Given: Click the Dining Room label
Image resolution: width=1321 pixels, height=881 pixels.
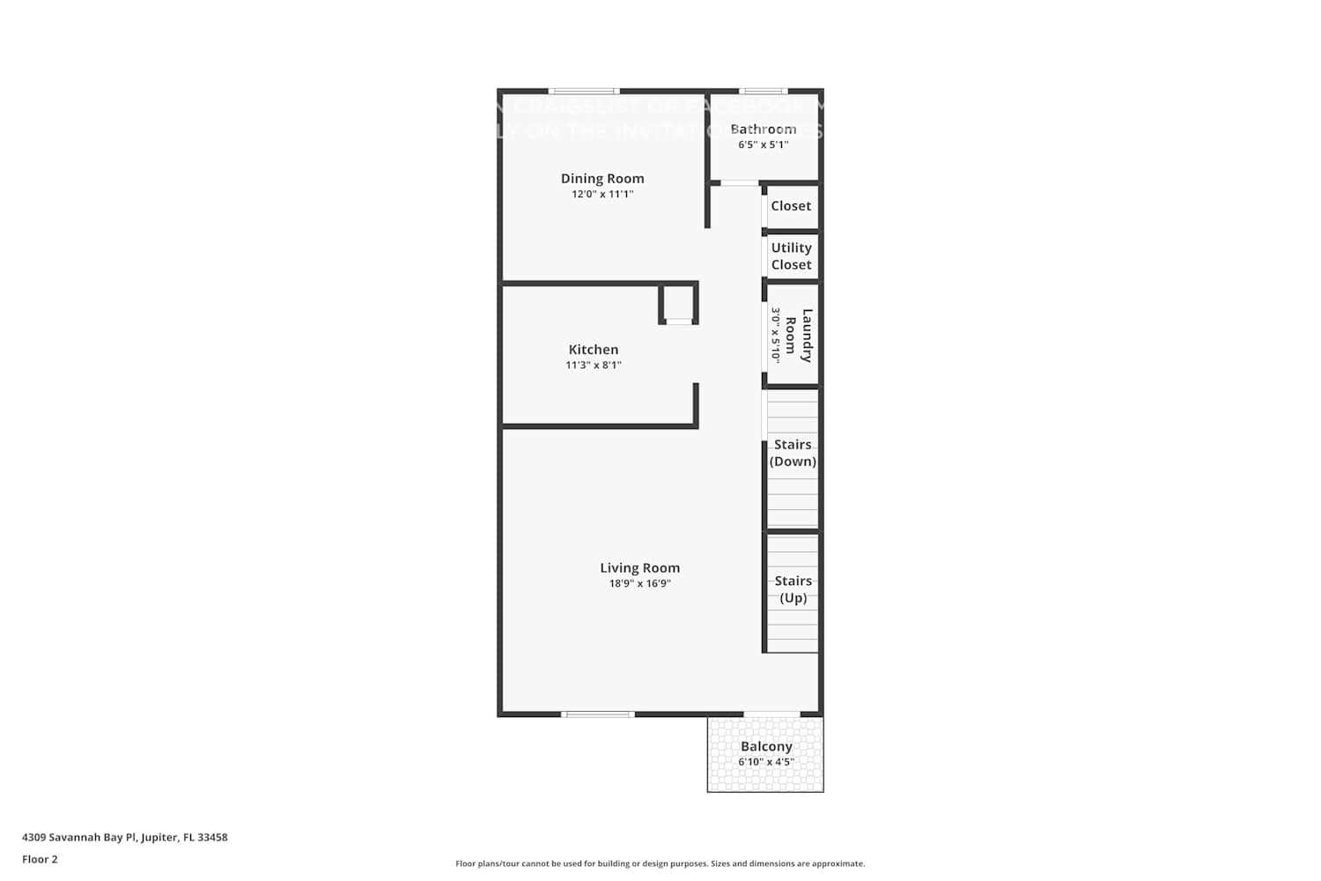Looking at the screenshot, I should pyautogui.click(x=602, y=178).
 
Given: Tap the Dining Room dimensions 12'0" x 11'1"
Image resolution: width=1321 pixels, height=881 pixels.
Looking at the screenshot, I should pyautogui.click(x=602, y=194).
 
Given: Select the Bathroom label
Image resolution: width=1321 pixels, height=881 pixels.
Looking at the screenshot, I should pyautogui.click(x=764, y=129).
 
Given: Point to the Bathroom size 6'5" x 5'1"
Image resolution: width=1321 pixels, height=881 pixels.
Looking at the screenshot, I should pyautogui.click(x=764, y=144).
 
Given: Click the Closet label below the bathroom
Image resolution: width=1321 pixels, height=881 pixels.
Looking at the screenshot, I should pyautogui.click(x=791, y=206).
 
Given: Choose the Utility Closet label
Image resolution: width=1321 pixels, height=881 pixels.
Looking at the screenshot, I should pyautogui.click(x=791, y=256).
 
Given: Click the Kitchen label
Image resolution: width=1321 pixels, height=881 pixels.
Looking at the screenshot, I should pyautogui.click(x=594, y=350).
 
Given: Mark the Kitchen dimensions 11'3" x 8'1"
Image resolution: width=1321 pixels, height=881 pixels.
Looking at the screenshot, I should pyautogui.click(x=594, y=365).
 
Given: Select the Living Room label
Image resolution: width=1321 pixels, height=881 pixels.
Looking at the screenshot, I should pyautogui.click(x=640, y=568).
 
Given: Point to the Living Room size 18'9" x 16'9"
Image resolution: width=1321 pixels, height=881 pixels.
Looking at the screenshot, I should pyautogui.click(x=640, y=583).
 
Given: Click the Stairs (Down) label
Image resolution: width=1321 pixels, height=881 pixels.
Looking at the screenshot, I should pyautogui.click(x=793, y=453).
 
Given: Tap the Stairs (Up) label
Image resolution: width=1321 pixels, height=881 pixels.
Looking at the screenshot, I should pyautogui.click(x=793, y=589).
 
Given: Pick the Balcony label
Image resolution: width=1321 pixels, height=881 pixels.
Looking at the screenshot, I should pyautogui.click(x=766, y=746).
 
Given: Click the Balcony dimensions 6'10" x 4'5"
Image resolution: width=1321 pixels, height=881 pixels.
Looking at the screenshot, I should pyautogui.click(x=766, y=762).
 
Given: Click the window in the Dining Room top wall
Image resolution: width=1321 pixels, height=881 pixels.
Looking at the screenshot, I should pyautogui.click(x=584, y=91).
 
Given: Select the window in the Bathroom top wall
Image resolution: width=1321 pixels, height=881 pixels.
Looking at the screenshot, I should pyautogui.click(x=763, y=91).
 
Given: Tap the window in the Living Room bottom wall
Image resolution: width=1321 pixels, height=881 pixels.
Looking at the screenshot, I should pyautogui.click(x=598, y=714).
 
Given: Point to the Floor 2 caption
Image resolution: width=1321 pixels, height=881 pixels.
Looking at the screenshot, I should pyautogui.click(x=40, y=859).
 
